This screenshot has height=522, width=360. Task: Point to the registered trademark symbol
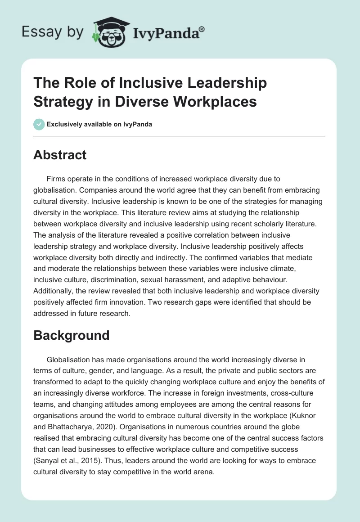coord(202,29)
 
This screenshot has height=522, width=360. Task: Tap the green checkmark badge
coord(39,124)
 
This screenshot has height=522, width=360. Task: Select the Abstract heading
coord(60,155)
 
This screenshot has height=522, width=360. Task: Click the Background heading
coord(72,335)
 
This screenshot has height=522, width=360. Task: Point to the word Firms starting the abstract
coord(55,179)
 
